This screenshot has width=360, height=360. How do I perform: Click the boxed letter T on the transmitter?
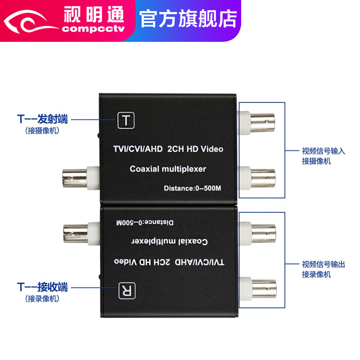pos(126,120)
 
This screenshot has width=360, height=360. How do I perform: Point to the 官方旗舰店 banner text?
pos(188,18)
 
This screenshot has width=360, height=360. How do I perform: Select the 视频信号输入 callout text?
pos(323,152)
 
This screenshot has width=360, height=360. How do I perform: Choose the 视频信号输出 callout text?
pos(323,265)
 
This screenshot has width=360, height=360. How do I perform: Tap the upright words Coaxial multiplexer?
pos(167,169)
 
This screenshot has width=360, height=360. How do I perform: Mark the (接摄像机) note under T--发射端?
pos(42,131)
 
